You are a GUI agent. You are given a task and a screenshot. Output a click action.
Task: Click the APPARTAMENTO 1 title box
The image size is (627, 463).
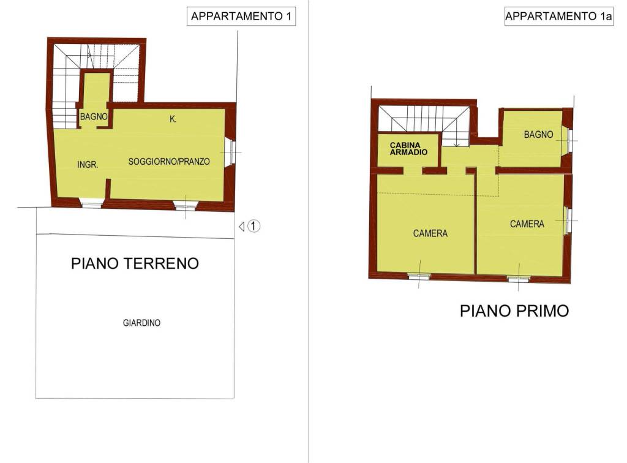[x=241, y=17]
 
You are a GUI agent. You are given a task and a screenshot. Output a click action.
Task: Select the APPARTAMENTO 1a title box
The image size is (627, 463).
[x=558, y=17]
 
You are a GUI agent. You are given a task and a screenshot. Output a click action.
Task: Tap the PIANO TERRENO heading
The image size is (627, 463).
[x=135, y=263]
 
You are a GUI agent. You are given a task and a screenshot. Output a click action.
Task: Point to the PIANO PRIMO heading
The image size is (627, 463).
[x=514, y=311]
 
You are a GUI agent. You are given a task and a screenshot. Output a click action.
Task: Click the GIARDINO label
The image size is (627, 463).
[x=141, y=323]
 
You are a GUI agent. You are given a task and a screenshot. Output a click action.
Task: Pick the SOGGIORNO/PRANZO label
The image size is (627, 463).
[x=169, y=162]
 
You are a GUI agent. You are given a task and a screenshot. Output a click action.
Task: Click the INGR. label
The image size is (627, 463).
[x=88, y=165]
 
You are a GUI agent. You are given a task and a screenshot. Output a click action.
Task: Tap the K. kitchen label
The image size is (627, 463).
[x=173, y=119]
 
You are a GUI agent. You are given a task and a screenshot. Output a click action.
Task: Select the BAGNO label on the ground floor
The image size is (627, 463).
[x=94, y=116]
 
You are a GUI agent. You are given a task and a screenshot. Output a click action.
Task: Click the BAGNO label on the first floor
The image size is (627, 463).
[x=538, y=135]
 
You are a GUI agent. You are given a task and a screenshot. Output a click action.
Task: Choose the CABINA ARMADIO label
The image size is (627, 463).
[x=408, y=148]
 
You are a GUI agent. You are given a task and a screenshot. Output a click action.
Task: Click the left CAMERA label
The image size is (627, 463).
[x=430, y=233]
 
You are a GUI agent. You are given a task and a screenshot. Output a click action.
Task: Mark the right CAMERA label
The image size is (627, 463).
[x=527, y=224]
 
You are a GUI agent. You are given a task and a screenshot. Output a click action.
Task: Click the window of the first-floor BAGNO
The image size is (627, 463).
[x=570, y=140]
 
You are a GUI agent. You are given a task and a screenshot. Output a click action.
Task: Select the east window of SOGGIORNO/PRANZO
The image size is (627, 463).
[x=231, y=152]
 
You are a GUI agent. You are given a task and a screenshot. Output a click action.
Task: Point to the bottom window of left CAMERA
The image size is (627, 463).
[x=419, y=276]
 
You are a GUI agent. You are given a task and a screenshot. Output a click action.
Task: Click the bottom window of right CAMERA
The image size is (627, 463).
[x=518, y=279]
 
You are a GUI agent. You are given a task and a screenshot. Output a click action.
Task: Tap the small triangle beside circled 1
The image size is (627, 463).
[x=242, y=226]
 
